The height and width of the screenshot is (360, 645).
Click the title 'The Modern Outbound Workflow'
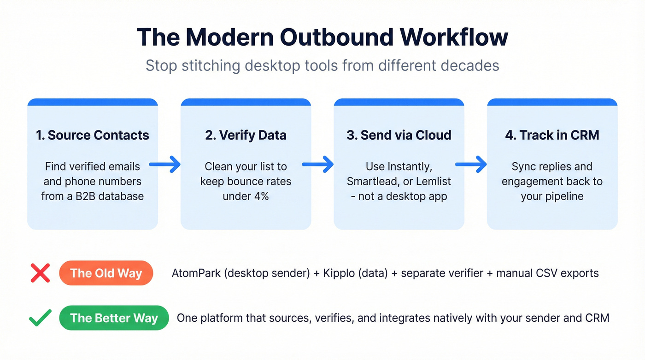tap(322, 37)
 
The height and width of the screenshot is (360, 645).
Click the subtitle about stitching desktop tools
tap(322, 65)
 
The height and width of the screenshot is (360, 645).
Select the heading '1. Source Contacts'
tap(93, 135)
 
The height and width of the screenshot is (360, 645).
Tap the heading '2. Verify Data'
tap(246, 135)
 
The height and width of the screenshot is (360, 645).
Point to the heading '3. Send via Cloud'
tap(399, 135)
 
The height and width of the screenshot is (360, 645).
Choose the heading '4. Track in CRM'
tap(552, 135)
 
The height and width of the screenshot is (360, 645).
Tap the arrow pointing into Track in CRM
tap(471, 164)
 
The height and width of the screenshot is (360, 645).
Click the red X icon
tap(40, 273)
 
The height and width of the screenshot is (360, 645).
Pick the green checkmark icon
tap(40, 318)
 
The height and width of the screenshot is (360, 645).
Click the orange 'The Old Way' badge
tap(106, 273)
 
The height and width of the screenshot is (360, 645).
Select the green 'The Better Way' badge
tap(114, 318)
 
